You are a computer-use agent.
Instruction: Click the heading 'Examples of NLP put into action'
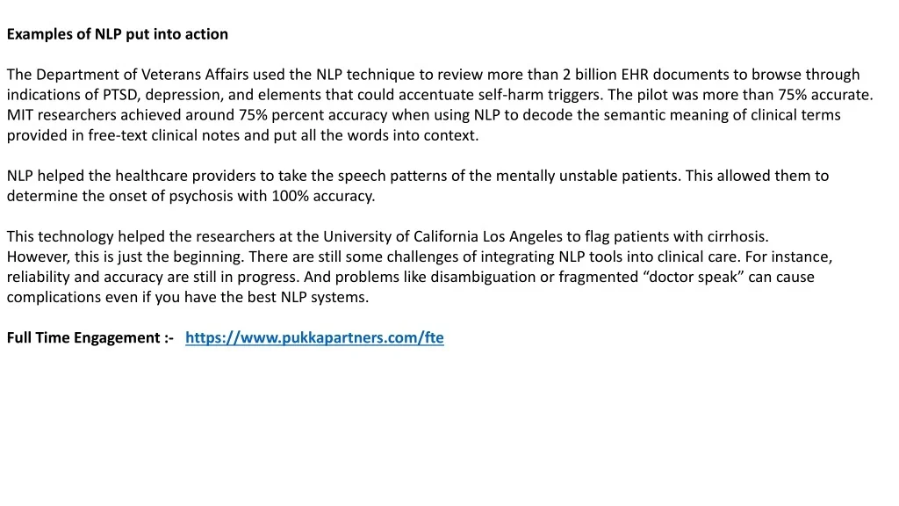pyautogui.click(x=118, y=34)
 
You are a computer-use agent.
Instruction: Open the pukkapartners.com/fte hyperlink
pyautogui.click(x=314, y=337)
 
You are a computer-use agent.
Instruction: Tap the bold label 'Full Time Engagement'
pyautogui.click(x=83, y=337)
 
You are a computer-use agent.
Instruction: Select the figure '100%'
pyautogui.click(x=289, y=196)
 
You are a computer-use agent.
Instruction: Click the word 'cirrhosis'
pyautogui.click(x=737, y=236)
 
